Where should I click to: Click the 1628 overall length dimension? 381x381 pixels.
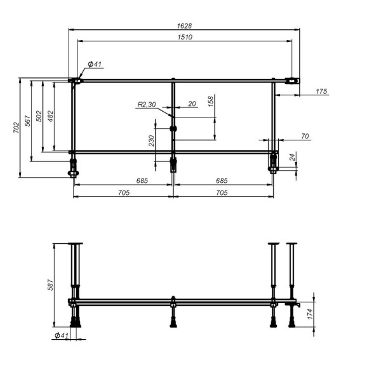[185, 26]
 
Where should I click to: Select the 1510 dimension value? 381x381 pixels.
[185, 37]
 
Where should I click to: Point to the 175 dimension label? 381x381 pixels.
[321, 92]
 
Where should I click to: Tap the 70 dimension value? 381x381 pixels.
[305, 136]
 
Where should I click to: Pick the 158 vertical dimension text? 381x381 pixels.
[211, 101]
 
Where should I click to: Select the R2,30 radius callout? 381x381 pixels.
[147, 105]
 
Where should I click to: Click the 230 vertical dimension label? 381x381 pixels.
[152, 141]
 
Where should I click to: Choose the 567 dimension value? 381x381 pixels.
[28, 121]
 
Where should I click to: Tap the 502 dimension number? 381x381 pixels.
[39, 116]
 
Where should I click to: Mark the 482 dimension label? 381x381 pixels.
[50, 116]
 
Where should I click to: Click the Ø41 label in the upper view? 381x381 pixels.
[95, 64]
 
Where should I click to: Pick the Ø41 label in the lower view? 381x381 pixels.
[61, 335]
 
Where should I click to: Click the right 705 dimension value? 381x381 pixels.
[222, 192]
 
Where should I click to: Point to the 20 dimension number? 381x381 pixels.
[192, 105]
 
